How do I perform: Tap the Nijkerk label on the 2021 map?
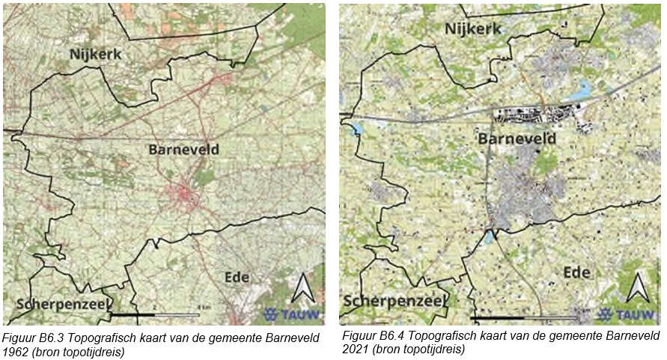pos(474,28)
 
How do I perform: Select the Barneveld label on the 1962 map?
pos(183,150)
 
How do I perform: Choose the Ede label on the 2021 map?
pos(576,271)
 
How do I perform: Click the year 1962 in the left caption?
pos(16,350)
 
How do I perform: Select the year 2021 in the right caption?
pos(353,349)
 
